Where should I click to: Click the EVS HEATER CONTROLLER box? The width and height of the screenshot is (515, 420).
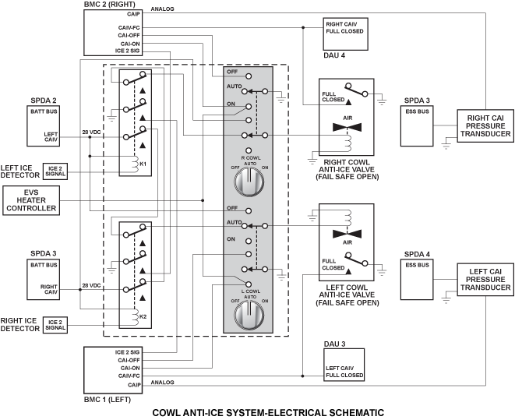tap(31, 200)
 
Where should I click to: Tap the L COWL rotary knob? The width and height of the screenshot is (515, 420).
tap(249, 315)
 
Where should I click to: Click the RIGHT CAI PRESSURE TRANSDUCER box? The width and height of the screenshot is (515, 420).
tap(485, 125)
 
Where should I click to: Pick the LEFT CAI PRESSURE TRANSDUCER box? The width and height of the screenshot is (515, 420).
tap(485, 280)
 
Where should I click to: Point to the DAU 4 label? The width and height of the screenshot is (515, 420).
tap(334, 55)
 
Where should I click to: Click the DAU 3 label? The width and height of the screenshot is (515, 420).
tap(335, 344)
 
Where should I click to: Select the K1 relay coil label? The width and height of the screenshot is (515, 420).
tap(143, 164)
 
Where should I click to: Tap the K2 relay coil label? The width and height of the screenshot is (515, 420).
tap(143, 316)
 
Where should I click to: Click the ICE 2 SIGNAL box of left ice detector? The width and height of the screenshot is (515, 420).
tap(55, 171)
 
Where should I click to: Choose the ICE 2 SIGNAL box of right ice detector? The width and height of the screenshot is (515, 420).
tap(55, 325)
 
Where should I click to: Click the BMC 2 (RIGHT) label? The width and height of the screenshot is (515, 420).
tap(109, 5)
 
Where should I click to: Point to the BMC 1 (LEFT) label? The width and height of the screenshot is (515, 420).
tap(108, 400)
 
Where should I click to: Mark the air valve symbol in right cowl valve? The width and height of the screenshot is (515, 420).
tap(347, 127)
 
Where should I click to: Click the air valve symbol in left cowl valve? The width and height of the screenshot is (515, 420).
tap(347, 234)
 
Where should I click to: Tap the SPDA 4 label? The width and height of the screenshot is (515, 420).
tap(417, 254)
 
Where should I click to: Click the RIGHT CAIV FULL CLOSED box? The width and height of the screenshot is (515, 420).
tap(345, 34)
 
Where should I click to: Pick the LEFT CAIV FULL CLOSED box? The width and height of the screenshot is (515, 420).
tap(344, 365)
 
